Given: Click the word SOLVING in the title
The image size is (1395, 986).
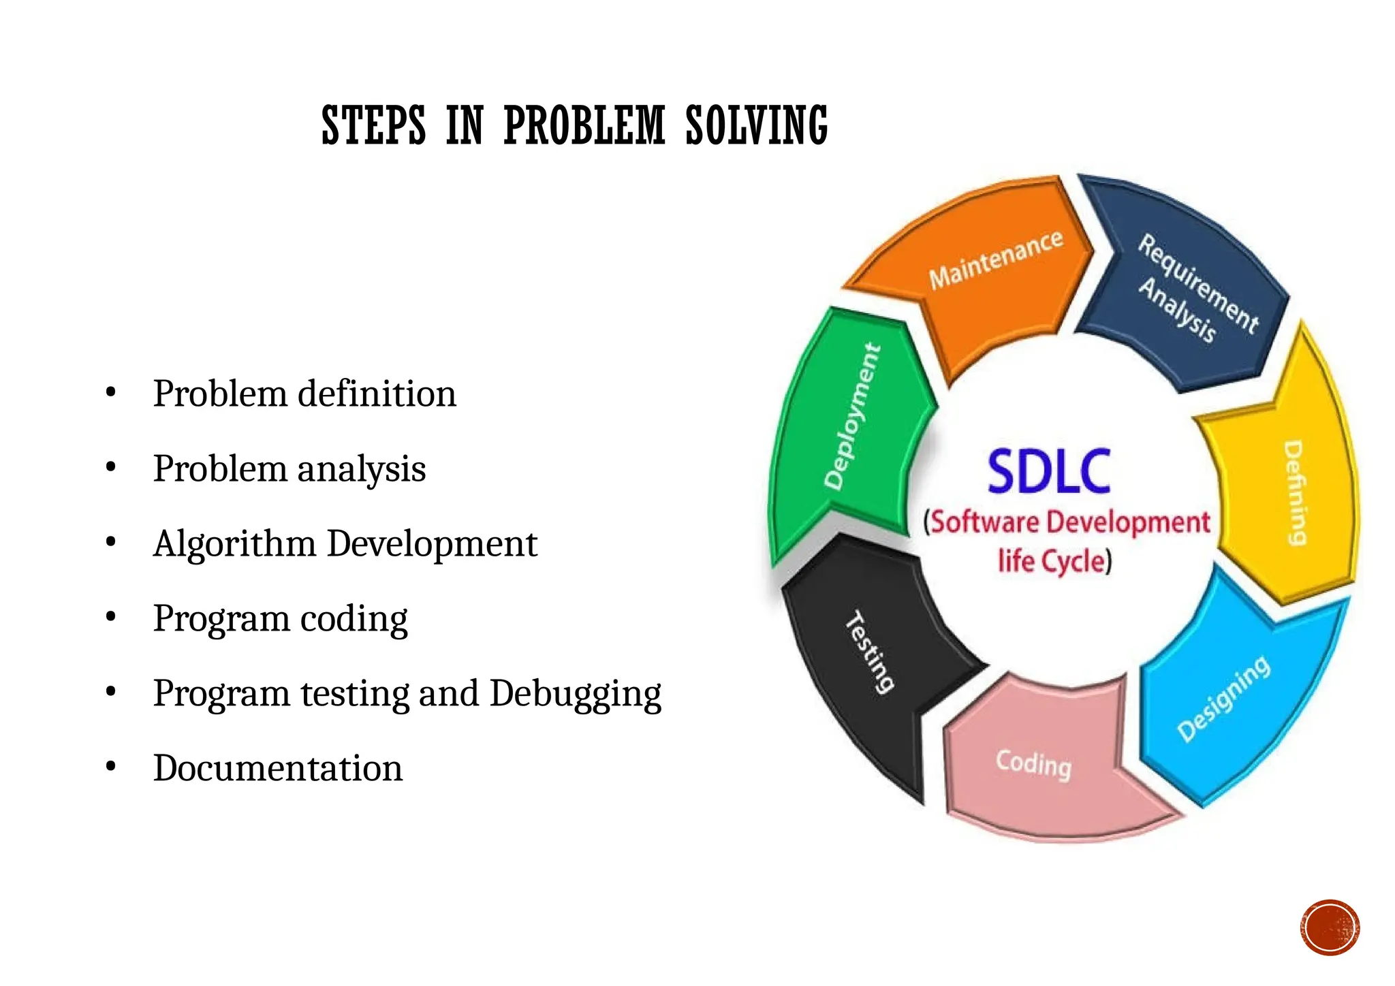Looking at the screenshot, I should coord(756,126).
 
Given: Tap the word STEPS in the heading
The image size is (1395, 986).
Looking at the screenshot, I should coord(373,126).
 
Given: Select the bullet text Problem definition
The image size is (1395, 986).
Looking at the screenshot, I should coord(304,394).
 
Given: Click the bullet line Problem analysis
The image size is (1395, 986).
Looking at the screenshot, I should coord(289,468).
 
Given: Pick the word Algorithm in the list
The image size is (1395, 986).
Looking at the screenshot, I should coord(234,544).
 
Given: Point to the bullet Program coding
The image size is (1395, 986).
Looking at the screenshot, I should coord(280,618).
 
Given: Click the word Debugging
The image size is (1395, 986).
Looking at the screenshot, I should coord(575,694).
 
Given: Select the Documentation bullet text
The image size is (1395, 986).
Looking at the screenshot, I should coord(278,768).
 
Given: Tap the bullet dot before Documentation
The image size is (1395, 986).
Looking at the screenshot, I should coord(111,767).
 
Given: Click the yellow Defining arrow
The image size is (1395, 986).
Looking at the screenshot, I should coord(1287,490).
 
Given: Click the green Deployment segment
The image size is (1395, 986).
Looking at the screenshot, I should coord(851,422).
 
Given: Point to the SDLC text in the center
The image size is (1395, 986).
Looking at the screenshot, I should coord(1049,471).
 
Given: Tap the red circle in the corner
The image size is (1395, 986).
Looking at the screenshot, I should coord(1330,927).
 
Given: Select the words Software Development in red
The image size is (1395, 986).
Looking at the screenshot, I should coord(1069,522).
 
